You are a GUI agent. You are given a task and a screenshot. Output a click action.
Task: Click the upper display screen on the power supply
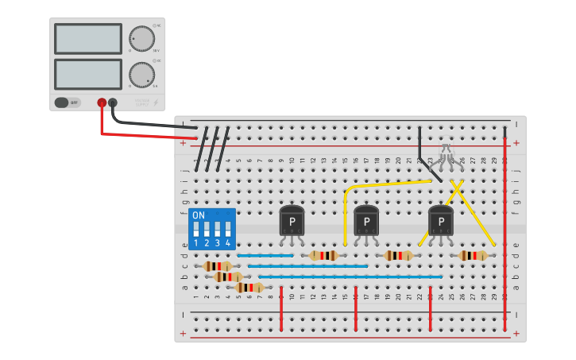coord(88,38)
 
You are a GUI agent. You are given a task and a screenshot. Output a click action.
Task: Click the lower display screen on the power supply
coord(88,74)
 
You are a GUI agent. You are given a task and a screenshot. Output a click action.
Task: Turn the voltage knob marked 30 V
coord(141,39)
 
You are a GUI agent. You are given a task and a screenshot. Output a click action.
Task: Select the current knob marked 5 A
coord(141,75)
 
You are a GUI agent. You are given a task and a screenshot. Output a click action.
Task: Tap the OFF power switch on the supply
coord(68,103)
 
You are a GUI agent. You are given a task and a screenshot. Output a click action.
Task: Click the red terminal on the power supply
coord(102,103)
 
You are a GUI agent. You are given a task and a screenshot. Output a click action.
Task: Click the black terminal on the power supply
coord(113,103)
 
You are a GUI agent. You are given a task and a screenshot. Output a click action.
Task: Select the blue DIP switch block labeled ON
coord(211,229)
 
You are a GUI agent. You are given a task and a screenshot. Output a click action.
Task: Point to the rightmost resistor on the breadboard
coord(474,255)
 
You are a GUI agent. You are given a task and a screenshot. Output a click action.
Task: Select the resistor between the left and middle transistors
coord(323,255)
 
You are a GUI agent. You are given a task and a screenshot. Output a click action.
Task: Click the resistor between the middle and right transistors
coord(398,255)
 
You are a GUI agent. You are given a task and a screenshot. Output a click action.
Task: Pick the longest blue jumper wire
coord(350,277)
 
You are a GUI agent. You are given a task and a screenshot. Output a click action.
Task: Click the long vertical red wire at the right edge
coord(504,230)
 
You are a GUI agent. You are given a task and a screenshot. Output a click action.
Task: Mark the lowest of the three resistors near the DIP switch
coord(249,287)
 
